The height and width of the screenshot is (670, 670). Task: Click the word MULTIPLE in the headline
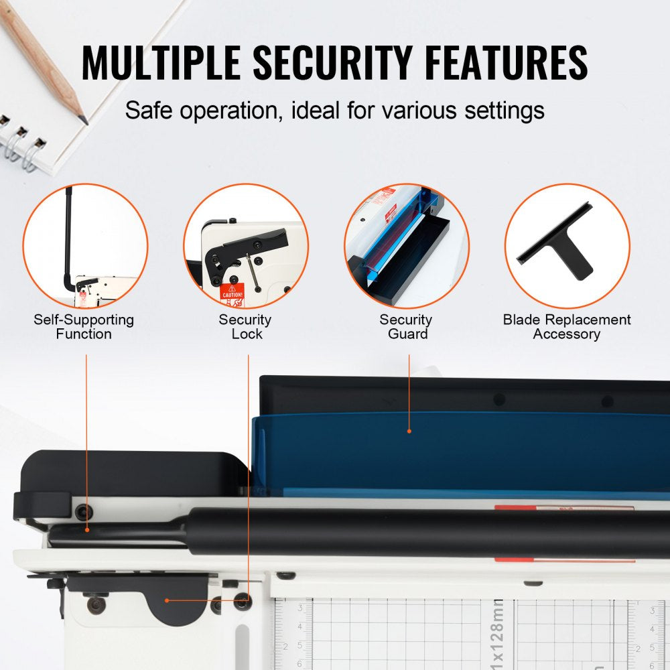[161, 64]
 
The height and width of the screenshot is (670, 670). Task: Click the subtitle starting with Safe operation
[334, 110]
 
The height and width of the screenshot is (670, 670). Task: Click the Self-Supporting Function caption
[84, 327]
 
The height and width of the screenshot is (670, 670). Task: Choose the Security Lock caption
[245, 327]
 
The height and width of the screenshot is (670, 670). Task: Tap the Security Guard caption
[406, 327]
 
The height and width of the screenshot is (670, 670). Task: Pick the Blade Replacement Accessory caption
[567, 327]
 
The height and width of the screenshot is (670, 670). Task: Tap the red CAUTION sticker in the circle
[232, 292]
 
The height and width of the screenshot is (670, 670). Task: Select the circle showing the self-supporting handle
[85, 246]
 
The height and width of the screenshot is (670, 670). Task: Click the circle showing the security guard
[407, 246]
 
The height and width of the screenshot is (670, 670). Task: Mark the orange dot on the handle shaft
[87, 530]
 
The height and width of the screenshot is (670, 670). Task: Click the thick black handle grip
[429, 533]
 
